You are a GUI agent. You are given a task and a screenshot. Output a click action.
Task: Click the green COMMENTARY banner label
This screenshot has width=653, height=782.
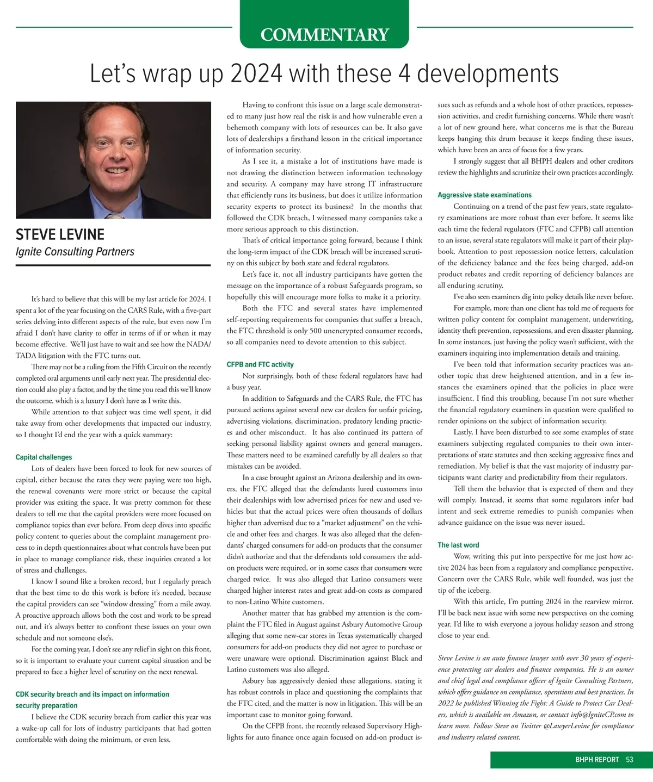[324, 35]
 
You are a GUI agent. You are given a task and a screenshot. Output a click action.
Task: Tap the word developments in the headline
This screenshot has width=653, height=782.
[488, 74]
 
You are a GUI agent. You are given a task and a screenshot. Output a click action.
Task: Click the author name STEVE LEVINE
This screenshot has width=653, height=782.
[60, 235]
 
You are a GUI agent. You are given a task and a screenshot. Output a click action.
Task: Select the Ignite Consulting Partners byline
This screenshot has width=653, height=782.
[75, 252]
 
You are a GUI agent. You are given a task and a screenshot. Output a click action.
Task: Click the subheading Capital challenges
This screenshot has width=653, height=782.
[44, 457]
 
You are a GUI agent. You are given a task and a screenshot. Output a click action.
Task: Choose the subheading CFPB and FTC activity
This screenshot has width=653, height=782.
[260, 364]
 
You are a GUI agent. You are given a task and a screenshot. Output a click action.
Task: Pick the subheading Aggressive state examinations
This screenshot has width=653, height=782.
[484, 195]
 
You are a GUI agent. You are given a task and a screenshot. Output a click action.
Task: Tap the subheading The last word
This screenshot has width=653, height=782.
[458, 545]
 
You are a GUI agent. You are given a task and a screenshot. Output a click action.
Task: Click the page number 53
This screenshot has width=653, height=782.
[630, 760]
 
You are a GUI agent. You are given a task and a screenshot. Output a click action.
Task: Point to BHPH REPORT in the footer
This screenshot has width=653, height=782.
[597, 760]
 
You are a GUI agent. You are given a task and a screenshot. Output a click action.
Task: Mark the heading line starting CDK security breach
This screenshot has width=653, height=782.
[92, 694]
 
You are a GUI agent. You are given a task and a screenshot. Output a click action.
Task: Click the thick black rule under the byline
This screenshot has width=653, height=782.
[113, 265]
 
